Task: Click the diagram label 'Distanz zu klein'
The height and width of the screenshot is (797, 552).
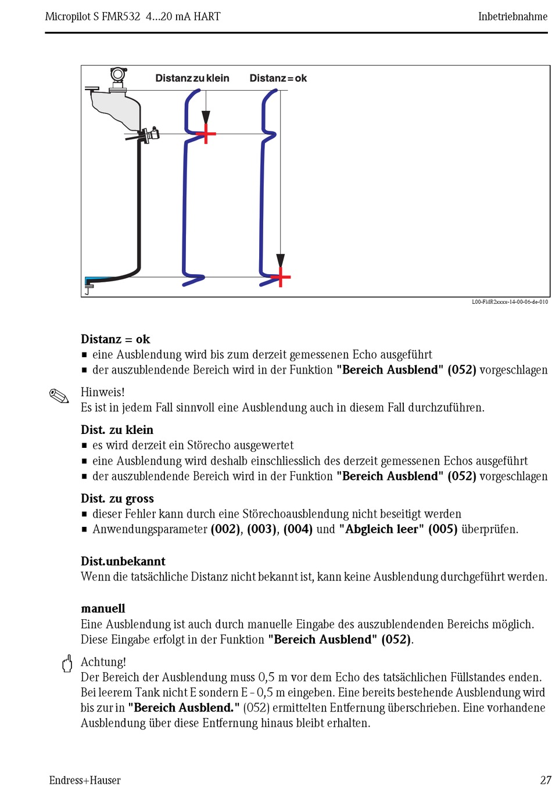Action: click(x=192, y=78)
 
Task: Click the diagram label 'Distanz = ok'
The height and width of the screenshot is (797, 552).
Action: click(x=278, y=78)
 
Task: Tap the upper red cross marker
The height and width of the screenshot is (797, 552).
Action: click(x=206, y=134)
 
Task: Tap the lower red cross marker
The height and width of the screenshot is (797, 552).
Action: click(x=281, y=277)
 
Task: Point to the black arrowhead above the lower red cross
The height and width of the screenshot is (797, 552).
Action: click(x=281, y=260)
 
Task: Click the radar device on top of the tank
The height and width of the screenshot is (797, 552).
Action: click(x=119, y=79)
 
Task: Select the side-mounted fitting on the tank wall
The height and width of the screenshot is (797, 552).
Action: click(x=150, y=135)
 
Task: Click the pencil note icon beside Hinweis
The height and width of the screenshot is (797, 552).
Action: click(x=59, y=397)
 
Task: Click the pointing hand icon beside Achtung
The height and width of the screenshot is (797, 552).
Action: click(x=67, y=663)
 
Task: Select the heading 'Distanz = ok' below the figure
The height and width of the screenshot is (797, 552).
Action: click(x=115, y=339)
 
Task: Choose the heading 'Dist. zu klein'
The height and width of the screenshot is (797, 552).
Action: click(x=117, y=430)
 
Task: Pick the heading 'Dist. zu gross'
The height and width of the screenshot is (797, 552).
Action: click(x=117, y=498)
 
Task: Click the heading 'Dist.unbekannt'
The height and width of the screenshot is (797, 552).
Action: click(x=123, y=561)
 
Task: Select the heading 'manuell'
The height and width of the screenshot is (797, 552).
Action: click(x=103, y=608)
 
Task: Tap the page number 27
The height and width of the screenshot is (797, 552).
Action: click(x=545, y=780)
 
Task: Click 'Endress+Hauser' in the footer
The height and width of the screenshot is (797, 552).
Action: click(x=85, y=780)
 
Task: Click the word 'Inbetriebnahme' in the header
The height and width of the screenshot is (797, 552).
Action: click(x=512, y=16)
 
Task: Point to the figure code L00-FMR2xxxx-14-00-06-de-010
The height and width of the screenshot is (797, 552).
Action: click(x=510, y=302)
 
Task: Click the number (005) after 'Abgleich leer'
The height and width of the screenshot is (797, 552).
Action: click(x=443, y=529)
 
